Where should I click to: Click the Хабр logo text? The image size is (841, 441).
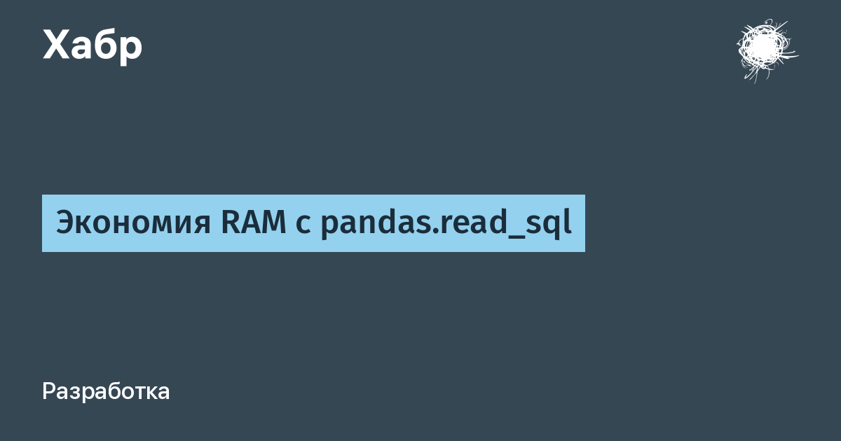pyautogui.click(x=93, y=45)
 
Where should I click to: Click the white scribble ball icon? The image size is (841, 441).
pyautogui.click(x=767, y=50)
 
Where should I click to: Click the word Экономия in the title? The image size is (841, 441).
pyautogui.click(x=133, y=223)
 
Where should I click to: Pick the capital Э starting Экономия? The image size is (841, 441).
pyautogui.click(x=66, y=223)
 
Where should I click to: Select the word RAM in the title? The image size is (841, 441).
pyautogui.click(x=254, y=223)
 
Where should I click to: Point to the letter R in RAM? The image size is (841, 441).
pyautogui.click(x=230, y=223)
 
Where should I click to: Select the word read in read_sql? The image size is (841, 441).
pyautogui.click(x=474, y=222)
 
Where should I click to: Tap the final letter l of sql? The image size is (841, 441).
pyautogui.click(x=567, y=222)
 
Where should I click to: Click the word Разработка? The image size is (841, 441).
pyautogui.click(x=106, y=392)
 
